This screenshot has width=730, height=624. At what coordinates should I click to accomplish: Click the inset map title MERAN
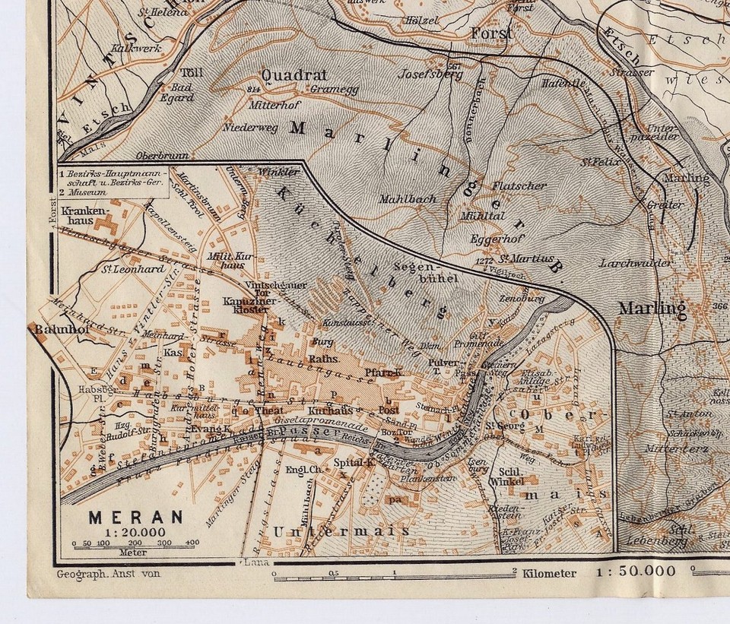click(136, 517)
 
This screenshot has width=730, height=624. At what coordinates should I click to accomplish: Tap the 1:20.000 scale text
click(136, 531)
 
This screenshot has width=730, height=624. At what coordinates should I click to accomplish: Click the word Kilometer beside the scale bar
click(549, 573)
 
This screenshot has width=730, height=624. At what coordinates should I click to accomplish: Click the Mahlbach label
click(409, 198)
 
